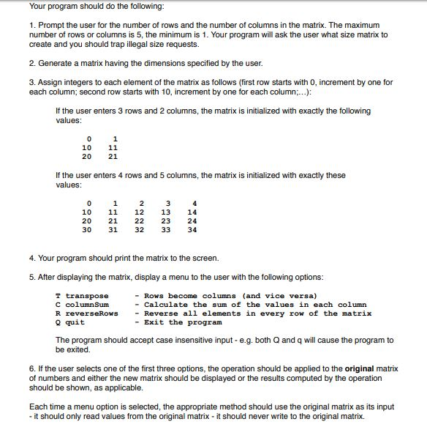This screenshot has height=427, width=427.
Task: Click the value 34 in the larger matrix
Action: click(x=192, y=229)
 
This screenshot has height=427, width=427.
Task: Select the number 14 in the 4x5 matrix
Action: click(x=192, y=212)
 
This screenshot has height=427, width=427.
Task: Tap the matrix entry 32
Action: click(x=140, y=229)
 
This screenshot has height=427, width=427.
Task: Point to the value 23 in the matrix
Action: click(x=166, y=220)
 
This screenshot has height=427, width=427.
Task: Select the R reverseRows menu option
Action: click(x=88, y=313)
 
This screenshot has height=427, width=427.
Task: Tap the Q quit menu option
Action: click(x=70, y=322)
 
